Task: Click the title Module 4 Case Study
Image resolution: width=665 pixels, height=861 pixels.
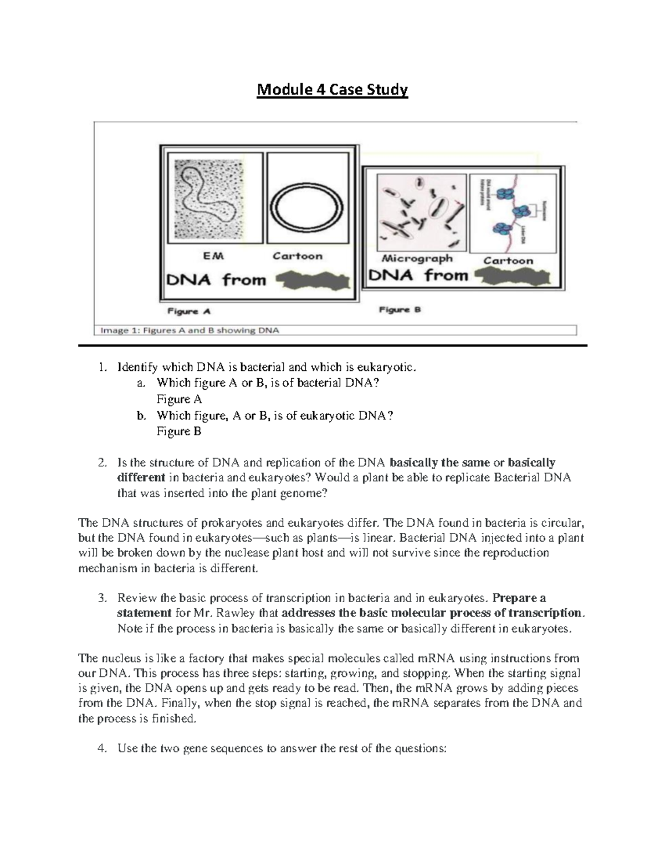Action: [332, 89]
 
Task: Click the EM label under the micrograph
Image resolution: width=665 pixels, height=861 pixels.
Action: [212, 256]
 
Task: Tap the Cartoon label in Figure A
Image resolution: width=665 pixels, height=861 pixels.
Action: [297, 256]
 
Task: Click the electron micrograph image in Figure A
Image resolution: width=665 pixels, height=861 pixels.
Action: [211, 198]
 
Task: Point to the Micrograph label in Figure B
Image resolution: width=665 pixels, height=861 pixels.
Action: [417, 259]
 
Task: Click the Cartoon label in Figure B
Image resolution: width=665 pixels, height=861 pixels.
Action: [508, 260]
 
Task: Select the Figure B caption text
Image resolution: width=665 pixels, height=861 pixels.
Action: [400, 309]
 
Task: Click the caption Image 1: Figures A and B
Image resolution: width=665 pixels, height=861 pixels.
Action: [190, 330]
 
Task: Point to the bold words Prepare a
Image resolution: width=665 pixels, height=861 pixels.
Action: [519, 598]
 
